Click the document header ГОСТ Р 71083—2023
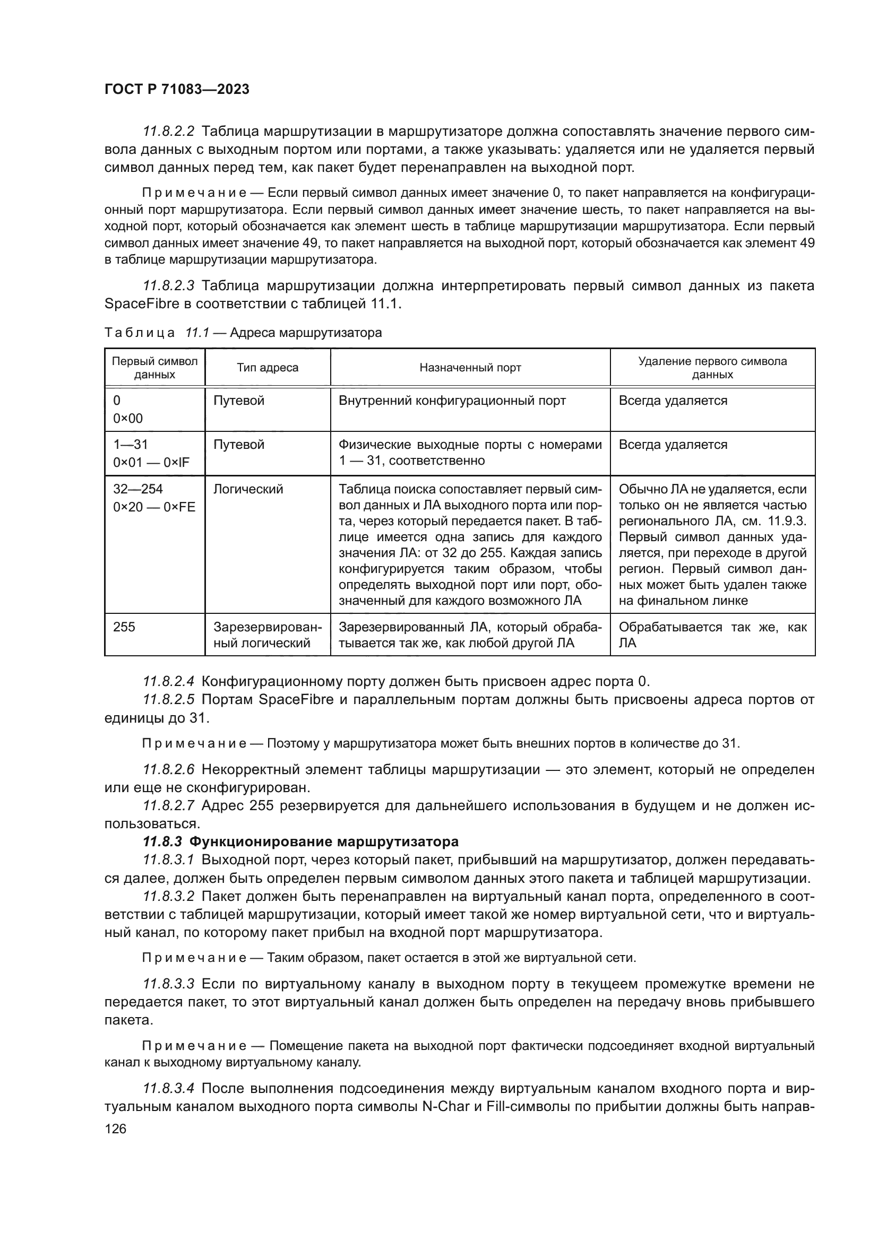177,90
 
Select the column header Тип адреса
267,368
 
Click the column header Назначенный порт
470,368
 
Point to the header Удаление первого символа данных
712,368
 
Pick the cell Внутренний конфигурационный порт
452,401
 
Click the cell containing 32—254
138,489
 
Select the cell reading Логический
248,489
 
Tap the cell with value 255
124,627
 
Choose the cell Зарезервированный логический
267,635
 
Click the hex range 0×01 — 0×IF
151,463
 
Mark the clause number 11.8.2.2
168,132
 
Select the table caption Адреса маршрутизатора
305,333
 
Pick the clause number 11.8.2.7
168,806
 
